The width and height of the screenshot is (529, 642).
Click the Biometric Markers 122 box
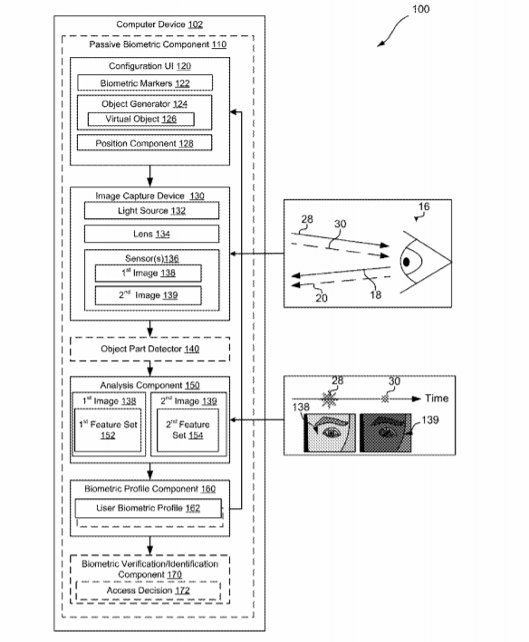[x=145, y=82]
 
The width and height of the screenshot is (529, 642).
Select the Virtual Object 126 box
[x=140, y=120]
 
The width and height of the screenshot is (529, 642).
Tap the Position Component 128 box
[x=145, y=143]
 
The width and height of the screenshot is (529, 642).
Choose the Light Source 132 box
[x=151, y=210]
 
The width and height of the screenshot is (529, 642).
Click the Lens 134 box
[x=151, y=234]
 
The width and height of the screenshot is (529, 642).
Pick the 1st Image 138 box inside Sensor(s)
[x=149, y=273]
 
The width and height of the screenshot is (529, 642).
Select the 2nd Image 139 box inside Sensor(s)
[x=149, y=295]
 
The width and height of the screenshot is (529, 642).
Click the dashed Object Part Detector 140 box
[x=149, y=349]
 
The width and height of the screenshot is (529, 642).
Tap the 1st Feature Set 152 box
[x=108, y=430]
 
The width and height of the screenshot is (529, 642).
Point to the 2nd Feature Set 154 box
[x=188, y=430]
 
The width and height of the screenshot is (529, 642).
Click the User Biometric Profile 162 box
[x=149, y=508]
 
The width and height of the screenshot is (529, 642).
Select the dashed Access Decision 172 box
[x=149, y=590]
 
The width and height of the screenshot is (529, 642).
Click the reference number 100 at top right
[x=420, y=9]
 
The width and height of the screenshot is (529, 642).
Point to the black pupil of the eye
[x=406, y=262]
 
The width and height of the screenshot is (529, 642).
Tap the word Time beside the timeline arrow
[x=437, y=398]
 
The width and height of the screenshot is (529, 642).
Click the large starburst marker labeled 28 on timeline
[x=329, y=399]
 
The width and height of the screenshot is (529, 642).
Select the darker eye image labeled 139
[x=385, y=433]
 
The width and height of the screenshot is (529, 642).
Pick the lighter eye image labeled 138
[x=330, y=433]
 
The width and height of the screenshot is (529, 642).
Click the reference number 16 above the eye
[x=424, y=206]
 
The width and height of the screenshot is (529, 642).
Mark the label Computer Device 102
[x=159, y=24]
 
